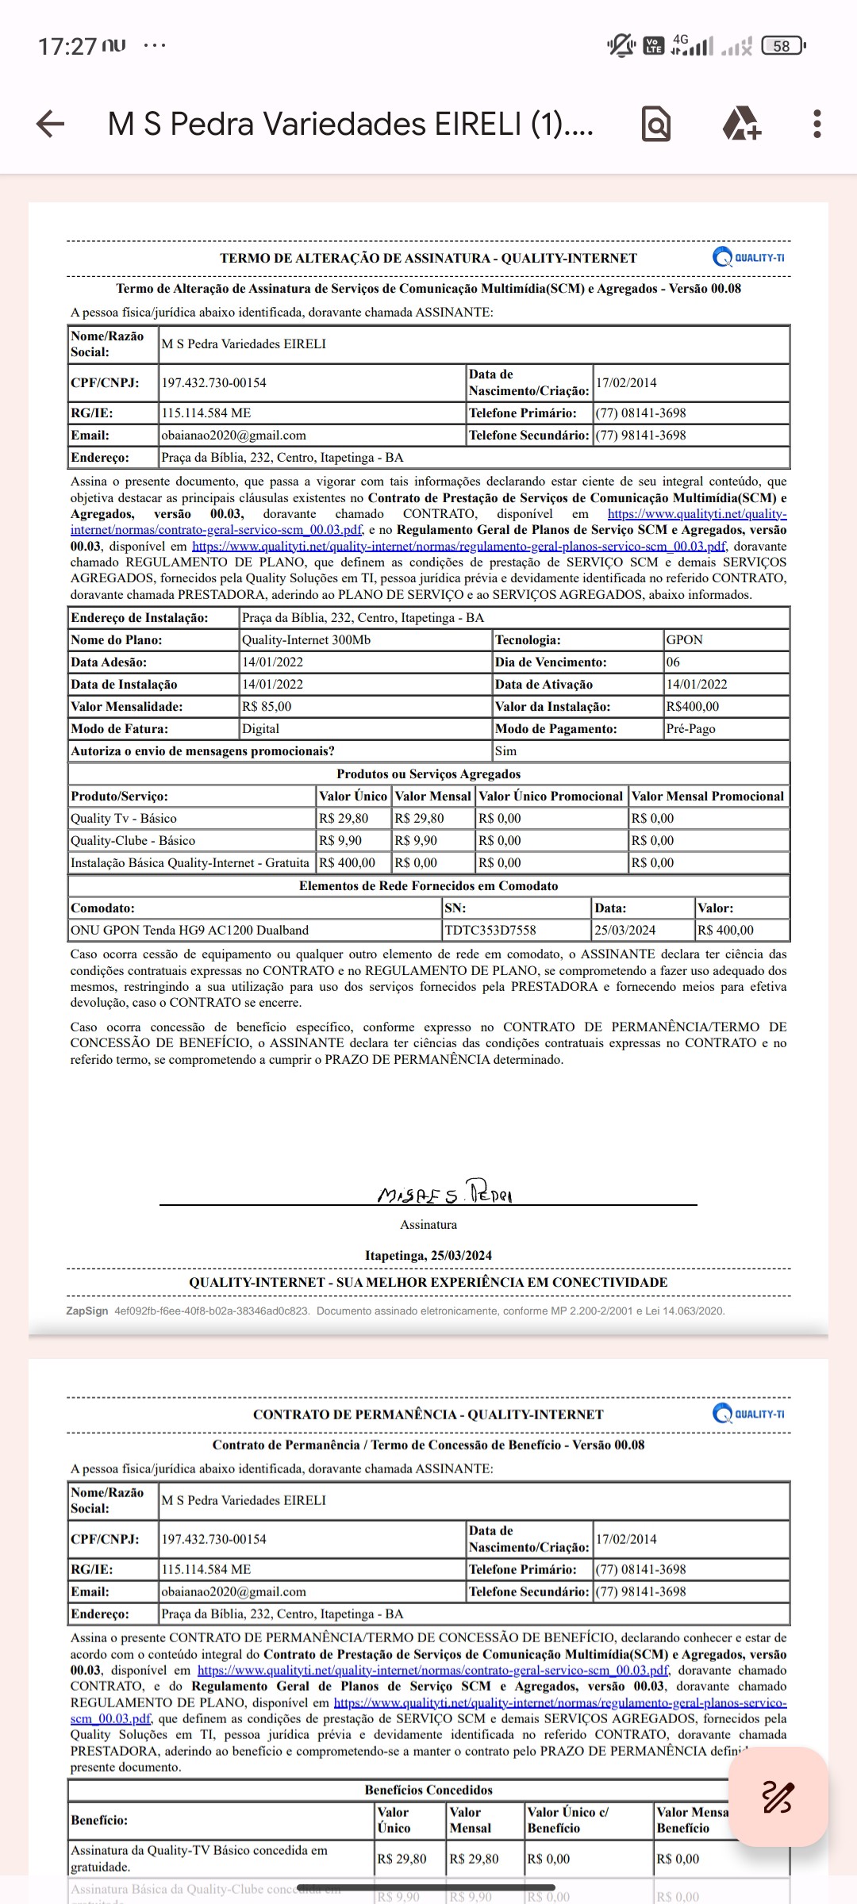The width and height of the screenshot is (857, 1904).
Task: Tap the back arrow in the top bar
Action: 51,124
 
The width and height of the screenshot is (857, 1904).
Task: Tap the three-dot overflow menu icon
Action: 817,124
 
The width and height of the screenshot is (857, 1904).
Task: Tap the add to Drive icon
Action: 741,124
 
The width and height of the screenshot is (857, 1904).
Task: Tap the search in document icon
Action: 656,125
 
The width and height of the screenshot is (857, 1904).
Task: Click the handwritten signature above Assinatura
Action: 444,1192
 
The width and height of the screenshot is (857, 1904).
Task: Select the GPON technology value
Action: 684,640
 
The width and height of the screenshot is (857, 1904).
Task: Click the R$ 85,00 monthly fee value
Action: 267,707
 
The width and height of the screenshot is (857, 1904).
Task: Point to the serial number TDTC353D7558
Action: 490,931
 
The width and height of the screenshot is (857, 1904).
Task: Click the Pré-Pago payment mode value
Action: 690,729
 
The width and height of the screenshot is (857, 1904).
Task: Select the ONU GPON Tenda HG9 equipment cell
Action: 190,931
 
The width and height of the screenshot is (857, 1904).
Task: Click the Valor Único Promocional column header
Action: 551,797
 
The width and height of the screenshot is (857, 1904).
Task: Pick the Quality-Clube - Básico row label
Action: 133,841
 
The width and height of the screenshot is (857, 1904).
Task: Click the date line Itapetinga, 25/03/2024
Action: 428,1256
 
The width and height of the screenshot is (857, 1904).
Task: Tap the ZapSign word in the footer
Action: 86,1311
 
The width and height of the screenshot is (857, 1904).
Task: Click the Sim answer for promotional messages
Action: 505,751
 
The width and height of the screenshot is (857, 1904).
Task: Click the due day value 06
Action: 673,662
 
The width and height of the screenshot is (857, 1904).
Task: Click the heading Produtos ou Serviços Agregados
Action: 428,774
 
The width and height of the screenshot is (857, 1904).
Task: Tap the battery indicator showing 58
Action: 782,46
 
